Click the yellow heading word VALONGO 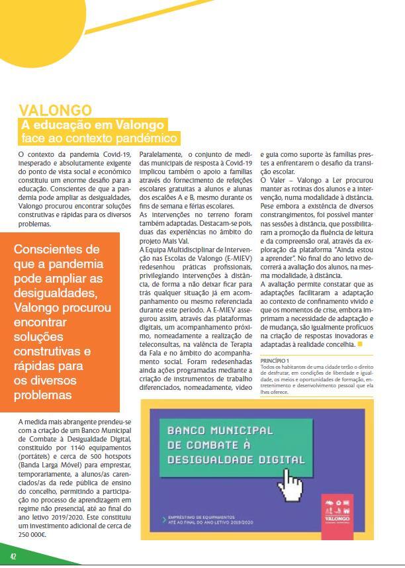tap(56, 110)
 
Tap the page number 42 tap(13, 555)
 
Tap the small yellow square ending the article tap(360, 345)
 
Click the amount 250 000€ tap(32, 532)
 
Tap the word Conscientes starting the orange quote tap(56, 250)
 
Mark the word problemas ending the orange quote tap(43, 395)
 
